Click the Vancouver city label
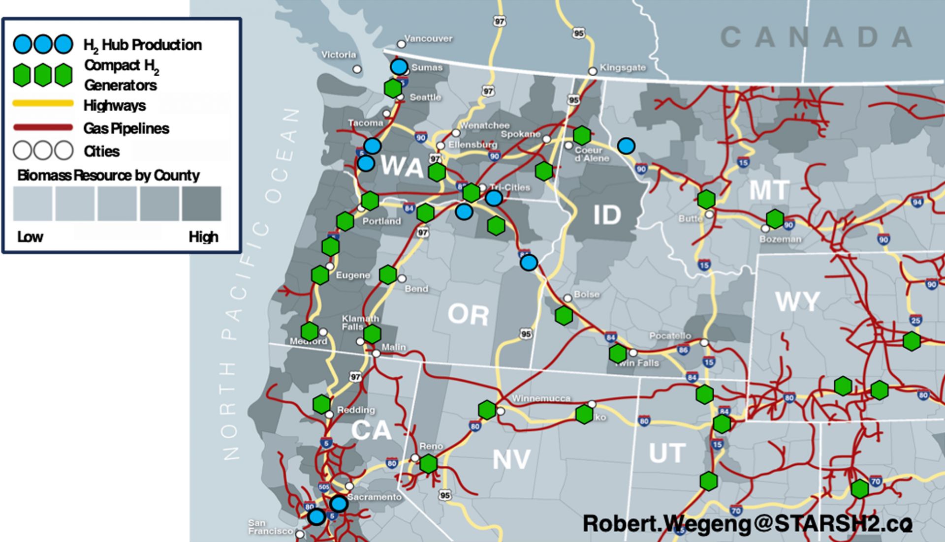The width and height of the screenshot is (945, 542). [x=428, y=38]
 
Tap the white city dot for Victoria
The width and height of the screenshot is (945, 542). [x=357, y=69]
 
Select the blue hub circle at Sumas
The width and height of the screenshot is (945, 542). [x=399, y=66]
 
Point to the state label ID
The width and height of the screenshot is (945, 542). [x=607, y=215]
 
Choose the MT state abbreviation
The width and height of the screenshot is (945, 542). [x=769, y=190]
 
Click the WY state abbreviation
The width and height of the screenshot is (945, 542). [x=797, y=301]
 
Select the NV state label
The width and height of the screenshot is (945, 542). [x=512, y=459]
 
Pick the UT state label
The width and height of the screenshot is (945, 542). [x=667, y=453]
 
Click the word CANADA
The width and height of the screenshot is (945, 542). [x=817, y=37]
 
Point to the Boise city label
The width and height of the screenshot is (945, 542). [x=587, y=294]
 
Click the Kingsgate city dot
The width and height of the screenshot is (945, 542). [x=593, y=71]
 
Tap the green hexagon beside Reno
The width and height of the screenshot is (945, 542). [x=428, y=463]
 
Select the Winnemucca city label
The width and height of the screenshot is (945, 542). [x=541, y=398]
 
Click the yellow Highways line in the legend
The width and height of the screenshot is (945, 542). [x=43, y=104]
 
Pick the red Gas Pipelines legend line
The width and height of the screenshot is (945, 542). [x=43, y=128]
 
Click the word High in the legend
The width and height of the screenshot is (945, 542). [x=203, y=237]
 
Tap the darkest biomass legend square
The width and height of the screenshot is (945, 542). [x=202, y=204]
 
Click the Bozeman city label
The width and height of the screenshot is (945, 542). [x=780, y=239]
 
